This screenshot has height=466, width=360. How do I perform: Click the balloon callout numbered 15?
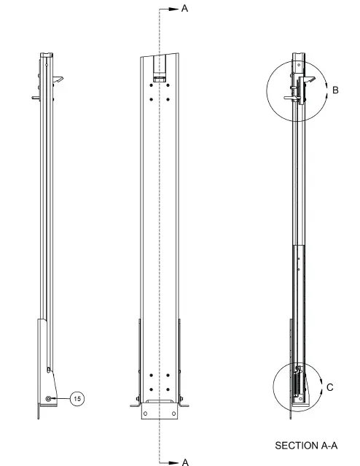click(x=78, y=398)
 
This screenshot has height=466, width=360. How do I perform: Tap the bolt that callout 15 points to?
click(x=49, y=398)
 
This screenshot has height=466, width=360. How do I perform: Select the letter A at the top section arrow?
click(x=184, y=9)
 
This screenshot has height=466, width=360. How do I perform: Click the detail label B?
click(x=335, y=90)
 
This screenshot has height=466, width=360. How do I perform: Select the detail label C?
click(x=330, y=387)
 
